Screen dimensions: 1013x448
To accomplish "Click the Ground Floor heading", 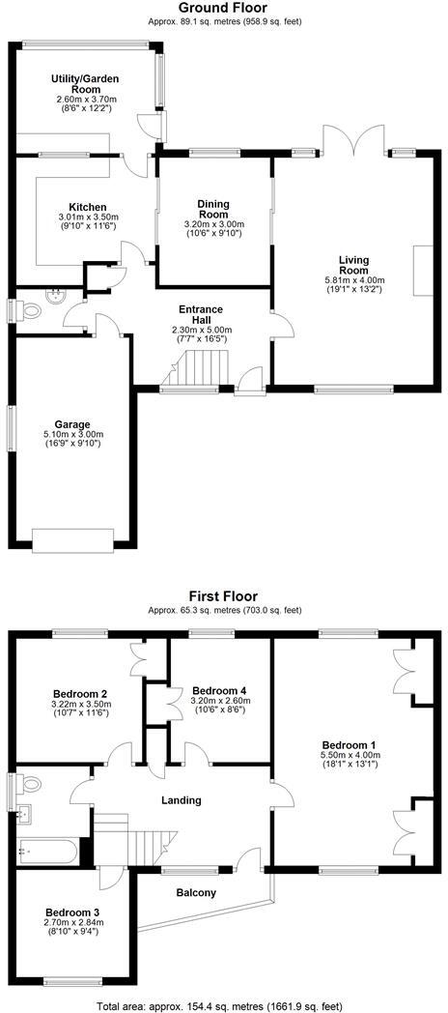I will tap(224, 8).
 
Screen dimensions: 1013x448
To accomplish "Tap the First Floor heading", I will tap(224, 596).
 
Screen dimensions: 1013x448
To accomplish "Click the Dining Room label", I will tap(213, 210).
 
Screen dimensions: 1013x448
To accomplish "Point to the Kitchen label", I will tap(88, 208).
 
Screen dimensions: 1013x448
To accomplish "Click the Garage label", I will tap(73, 424).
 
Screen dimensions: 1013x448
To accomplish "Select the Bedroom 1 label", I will tap(349, 744).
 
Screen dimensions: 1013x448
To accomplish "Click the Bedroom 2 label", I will tap(80, 694).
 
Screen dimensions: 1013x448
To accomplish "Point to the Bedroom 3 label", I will tap(75, 912).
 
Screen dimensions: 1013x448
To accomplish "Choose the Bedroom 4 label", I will tap(220, 690).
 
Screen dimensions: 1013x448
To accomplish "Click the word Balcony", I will tap(196, 892).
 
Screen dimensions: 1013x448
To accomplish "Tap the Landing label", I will tap(182, 799).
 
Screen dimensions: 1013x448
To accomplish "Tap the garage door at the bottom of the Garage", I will tap(73, 539).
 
